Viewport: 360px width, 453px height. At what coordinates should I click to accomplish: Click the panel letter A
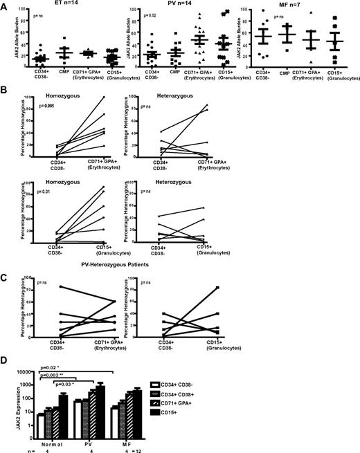pyautogui.click(x=4, y=5)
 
